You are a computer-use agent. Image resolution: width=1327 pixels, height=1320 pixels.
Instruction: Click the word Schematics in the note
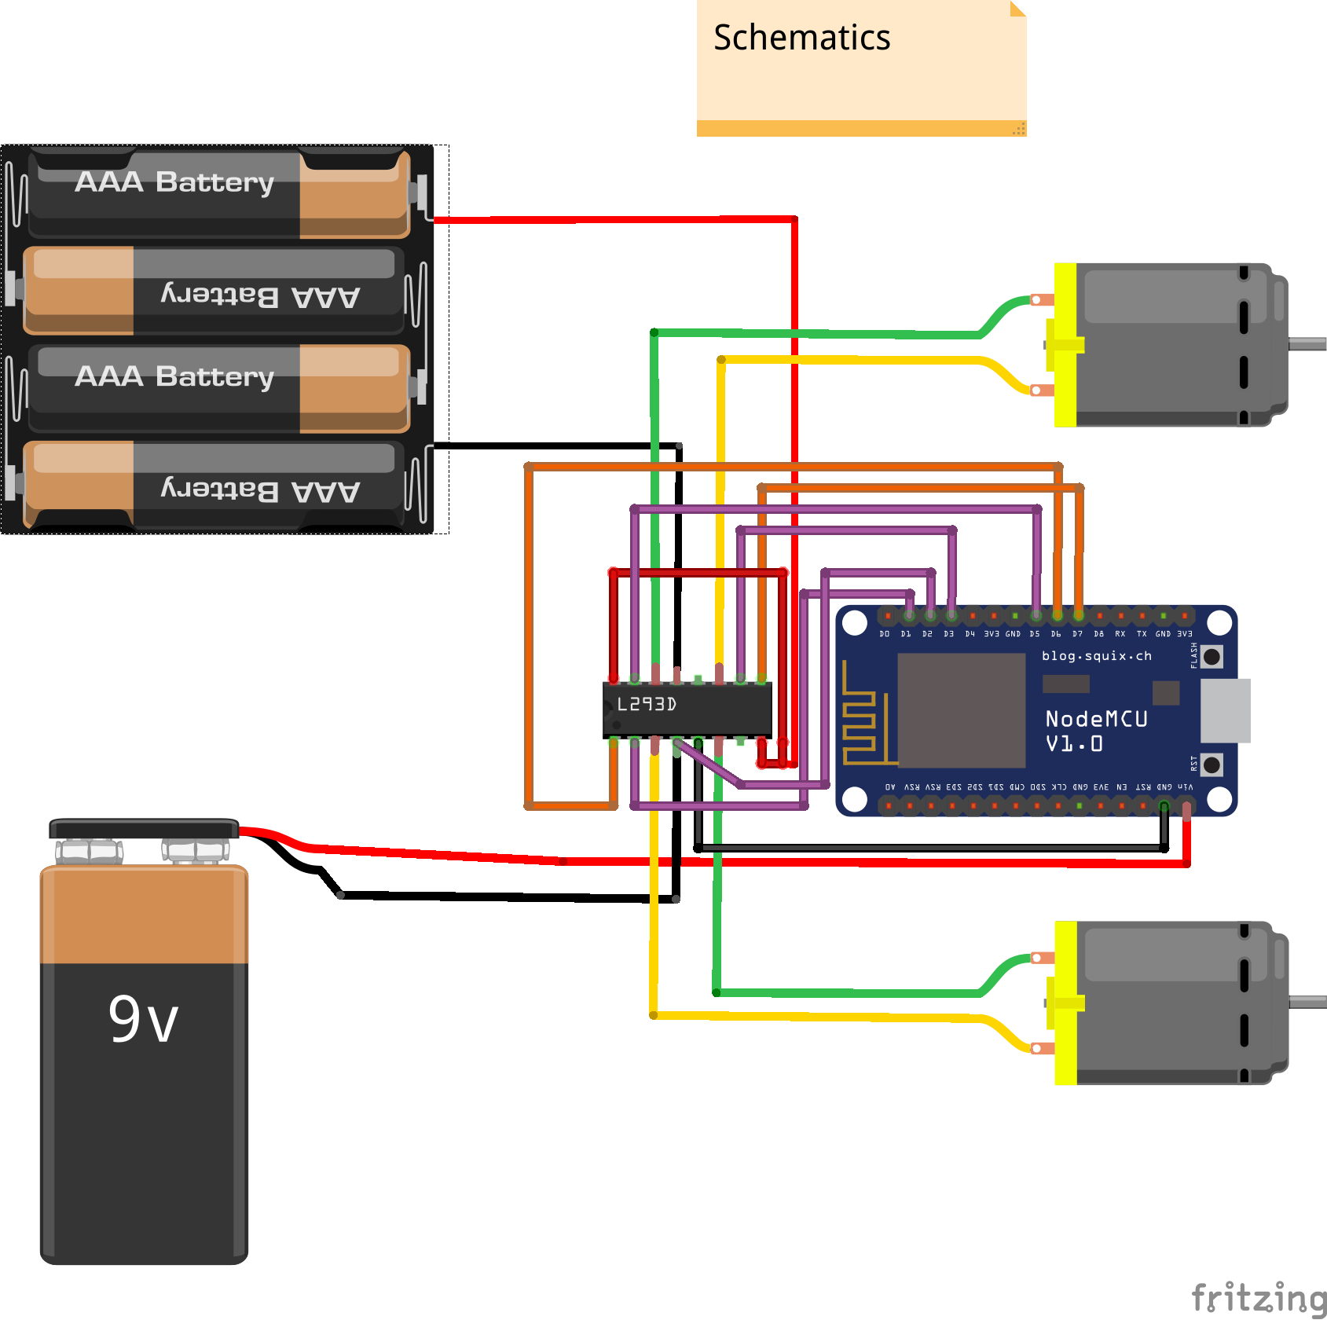[x=801, y=38]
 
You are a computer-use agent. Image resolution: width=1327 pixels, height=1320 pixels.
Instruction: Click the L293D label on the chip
[x=646, y=704]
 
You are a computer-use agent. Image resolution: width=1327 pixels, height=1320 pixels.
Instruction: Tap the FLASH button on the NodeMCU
[x=1212, y=656]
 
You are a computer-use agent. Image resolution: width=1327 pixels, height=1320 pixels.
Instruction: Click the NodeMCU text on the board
[x=1096, y=719]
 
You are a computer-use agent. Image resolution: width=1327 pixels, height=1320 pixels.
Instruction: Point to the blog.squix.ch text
[x=1096, y=655]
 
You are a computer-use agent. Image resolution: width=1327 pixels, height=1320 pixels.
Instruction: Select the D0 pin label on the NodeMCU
[x=885, y=634]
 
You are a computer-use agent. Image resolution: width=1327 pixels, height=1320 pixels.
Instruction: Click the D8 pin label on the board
[x=1098, y=634]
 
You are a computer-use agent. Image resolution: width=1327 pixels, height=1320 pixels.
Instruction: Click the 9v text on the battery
[x=143, y=1019]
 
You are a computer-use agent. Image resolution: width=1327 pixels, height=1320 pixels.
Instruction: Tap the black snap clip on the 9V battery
[x=144, y=829]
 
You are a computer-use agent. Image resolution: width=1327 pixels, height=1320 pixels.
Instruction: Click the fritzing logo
[x=1257, y=1296]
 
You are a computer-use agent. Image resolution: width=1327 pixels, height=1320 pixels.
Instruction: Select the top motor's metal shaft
[x=1307, y=343]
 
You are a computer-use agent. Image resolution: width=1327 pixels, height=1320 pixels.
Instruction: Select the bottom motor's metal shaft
[x=1307, y=1002]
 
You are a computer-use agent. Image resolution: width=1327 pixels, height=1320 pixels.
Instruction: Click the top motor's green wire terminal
[x=1041, y=299]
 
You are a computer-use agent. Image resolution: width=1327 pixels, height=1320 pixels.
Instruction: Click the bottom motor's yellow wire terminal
[x=1041, y=1048]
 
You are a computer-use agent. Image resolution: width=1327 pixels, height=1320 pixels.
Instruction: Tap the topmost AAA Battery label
[x=174, y=181]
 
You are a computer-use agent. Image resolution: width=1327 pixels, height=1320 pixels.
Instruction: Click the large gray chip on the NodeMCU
[x=961, y=710]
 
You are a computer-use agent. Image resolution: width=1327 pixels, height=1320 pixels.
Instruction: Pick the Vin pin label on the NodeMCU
[x=1186, y=786]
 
